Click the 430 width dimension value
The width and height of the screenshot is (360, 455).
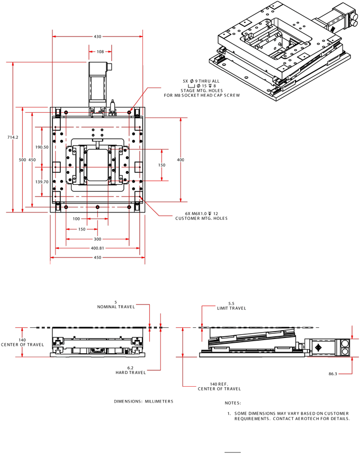tap(97, 37)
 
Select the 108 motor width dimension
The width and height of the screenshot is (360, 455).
tap(100, 52)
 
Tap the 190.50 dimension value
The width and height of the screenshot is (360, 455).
tap(42, 147)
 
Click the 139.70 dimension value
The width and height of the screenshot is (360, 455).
tap(42, 182)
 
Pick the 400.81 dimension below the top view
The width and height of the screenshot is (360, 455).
tap(97, 248)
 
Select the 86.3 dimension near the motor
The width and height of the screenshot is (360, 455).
tap(333, 374)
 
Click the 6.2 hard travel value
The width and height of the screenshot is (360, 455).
tap(130, 368)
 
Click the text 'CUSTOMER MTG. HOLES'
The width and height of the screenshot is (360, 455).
tap(201, 218)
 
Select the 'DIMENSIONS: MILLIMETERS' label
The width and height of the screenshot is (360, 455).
tap(143, 401)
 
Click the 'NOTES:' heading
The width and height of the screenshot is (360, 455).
tap(233, 404)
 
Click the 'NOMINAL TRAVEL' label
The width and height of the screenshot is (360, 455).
tap(116, 307)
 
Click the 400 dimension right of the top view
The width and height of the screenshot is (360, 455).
tap(181, 160)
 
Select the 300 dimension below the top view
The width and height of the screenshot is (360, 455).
tap(97, 239)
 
